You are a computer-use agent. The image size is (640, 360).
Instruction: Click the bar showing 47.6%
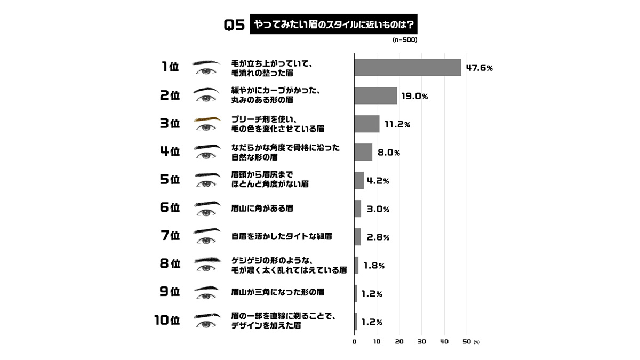tap(407, 67)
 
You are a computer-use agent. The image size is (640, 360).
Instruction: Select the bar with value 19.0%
tap(375, 95)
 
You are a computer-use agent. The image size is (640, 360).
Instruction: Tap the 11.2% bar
tap(367, 124)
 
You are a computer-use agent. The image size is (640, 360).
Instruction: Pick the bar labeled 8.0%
tap(363, 152)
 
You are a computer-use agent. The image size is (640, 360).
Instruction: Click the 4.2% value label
tap(378, 181)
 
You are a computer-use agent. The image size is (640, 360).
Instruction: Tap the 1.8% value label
tap(374, 266)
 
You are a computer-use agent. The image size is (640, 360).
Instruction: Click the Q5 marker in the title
tap(234, 25)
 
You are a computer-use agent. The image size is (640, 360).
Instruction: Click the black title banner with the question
tap(333, 25)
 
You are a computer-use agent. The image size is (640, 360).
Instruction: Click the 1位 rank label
tap(170, 67)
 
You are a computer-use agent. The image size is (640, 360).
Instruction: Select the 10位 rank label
tap(167, 321)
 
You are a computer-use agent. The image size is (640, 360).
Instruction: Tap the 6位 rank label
tap(170, 209)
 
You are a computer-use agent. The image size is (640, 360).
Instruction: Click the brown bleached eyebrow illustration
tap(206, 119)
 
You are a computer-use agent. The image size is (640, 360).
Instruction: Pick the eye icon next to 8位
tap(206, 268)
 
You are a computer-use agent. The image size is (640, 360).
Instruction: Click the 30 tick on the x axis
tap(421, 342)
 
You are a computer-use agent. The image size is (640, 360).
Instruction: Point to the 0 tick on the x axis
tap(355, 342)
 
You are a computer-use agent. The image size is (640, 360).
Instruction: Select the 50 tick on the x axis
tap(467, 342)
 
